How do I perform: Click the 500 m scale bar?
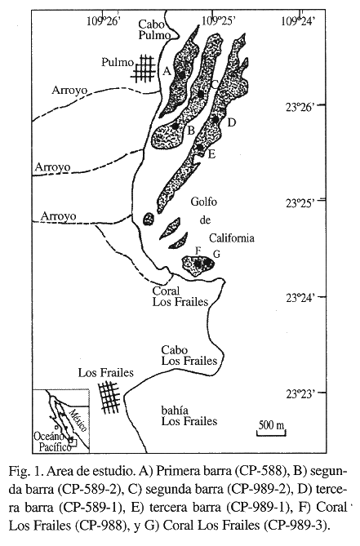(271, 433)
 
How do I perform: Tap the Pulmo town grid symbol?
(144, 69)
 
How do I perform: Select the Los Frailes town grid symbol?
(109, 397)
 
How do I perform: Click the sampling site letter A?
(167, 71)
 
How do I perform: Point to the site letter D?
(232, 122)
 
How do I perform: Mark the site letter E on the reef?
(211, 153)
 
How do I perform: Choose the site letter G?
(216, 254)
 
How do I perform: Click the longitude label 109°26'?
(104, 21)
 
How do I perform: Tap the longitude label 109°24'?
(299, 21)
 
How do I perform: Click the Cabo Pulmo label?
(154, 29)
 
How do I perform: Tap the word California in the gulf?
(232, 237)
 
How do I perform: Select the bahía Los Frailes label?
(189, 415)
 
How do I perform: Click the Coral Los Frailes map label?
(180, 296)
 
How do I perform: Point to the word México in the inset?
(78, 420)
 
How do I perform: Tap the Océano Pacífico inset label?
(53, 442)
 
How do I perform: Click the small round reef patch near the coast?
(149, 219)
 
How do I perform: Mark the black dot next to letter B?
(176, 126)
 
